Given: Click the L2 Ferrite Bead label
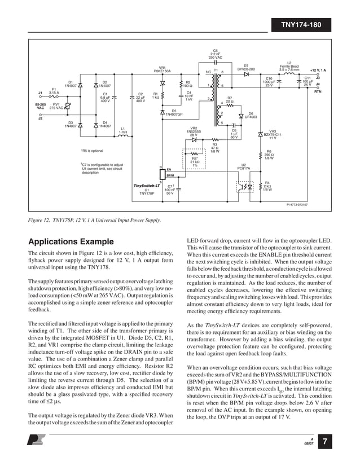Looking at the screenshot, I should point(289,67).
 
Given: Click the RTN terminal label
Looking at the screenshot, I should point(317,91).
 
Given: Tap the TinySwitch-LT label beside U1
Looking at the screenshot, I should point(147,186).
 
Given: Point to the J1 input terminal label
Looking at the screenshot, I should point(40,92).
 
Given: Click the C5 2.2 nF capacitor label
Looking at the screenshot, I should point(215,54).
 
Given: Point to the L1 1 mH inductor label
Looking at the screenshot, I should point(122,130).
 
